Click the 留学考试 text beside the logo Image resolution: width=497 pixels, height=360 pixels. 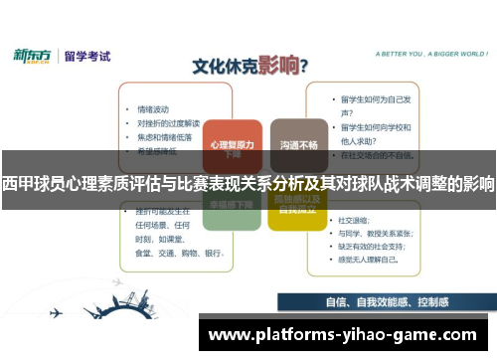(87, 57)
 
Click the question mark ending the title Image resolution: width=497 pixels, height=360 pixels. (302, 67)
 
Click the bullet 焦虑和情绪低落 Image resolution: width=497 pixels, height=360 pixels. (164, 136)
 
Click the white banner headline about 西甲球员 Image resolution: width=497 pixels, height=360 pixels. (248, 183)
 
